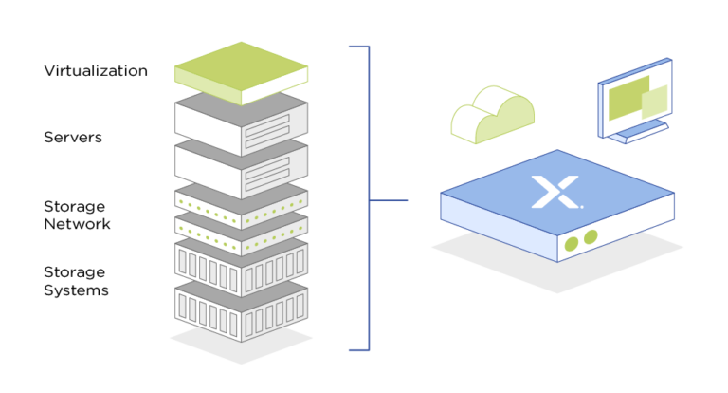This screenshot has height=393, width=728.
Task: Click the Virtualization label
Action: tap(96, 70)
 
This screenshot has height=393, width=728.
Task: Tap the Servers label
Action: tap(73, 138)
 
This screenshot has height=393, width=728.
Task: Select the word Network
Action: tap(77, 224)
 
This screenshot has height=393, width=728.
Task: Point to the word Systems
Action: tap(76, 290)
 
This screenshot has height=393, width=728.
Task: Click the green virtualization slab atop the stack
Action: tap(241, 73)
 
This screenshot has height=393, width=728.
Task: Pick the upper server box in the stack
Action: tap(241, 123)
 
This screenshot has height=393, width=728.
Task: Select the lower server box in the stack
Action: tap(241, 170)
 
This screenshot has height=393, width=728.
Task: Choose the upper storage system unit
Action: tap(241, 269)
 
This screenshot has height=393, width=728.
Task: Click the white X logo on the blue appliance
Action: tap(556, 192)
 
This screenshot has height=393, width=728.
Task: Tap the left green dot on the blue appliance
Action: tap(571, 244)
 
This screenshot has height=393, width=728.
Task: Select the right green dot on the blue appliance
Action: tap(591, 236)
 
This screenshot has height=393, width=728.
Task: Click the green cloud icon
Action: tap(493, 115)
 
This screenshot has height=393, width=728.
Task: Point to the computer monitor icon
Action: tap(635, 100)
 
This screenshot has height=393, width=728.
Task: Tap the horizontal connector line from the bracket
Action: tap(389, 200)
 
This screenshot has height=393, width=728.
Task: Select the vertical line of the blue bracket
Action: tap(369, 198)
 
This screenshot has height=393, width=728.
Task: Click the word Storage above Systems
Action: tap(74, 272)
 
